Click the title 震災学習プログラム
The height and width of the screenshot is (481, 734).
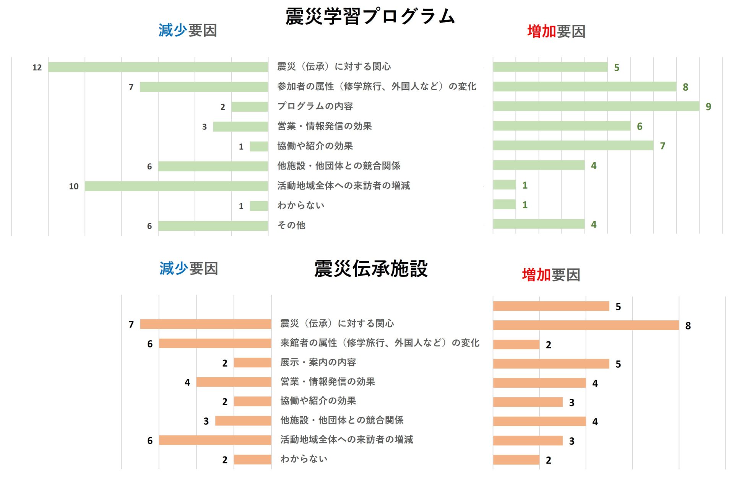[370, 17]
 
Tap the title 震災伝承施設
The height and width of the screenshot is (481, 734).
[370, 269]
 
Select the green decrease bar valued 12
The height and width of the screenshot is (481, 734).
[158, 67]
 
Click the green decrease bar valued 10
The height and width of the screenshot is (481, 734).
[176, 186]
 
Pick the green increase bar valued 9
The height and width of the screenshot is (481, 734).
[596, 106]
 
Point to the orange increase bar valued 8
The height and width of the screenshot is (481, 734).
[586, 326]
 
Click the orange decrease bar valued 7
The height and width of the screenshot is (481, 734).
[206, 324]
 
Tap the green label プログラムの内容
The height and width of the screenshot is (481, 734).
[315, 106]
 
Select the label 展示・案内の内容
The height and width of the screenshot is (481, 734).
[318, 362]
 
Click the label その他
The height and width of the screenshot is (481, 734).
[291, 225]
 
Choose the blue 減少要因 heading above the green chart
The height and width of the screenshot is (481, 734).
[188, 30]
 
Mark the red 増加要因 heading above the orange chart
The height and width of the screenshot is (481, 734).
[551, 275]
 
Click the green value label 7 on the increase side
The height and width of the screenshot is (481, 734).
[663, 146]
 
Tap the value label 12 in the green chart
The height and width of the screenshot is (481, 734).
[37, 68]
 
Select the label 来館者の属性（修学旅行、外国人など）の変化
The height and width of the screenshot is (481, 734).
[380, 343]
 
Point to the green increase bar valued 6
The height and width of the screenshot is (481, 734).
[561, 126]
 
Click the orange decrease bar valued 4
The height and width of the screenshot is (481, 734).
[234, 382]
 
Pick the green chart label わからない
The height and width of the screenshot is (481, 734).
[301, 205]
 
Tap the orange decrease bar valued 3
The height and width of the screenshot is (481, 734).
[243, 421]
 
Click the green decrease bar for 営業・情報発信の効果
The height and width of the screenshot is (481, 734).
[240, 127]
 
